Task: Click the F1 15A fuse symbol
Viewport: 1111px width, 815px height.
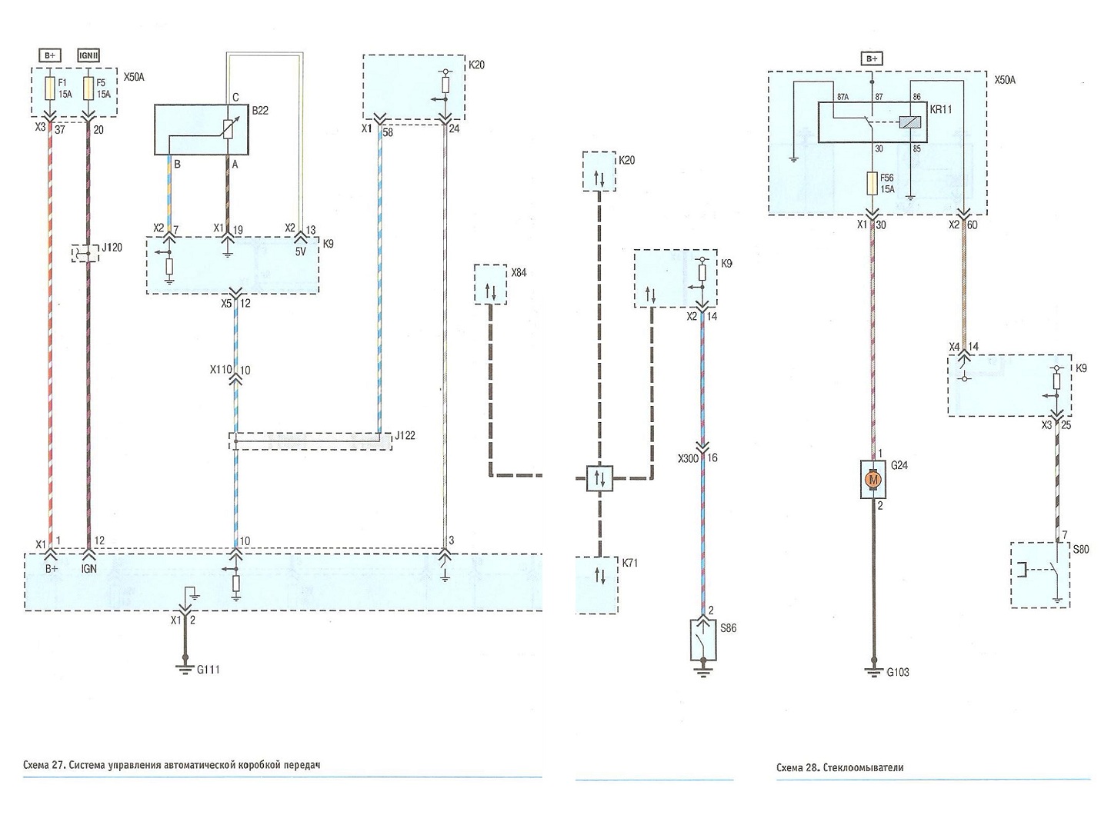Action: pyautogui.click(x=50, y=88)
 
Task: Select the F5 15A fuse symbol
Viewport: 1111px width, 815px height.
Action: pyautogui.click(x=88, y=88)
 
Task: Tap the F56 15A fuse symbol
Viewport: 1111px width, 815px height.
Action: pyautogui.click(x=872, y=184)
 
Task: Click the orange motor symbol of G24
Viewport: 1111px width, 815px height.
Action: pyautogui.click(x=873, y=479)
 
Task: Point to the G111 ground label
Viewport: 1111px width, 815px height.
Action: pyautogui.click(x=209, y=670)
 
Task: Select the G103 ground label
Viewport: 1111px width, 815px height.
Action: pyautogui.click(x=898, y=673)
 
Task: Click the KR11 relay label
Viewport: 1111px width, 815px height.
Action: pyautogui.click(x=941, y=109)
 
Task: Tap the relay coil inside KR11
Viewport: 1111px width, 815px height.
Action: pyautogui.click(x=910, y=122)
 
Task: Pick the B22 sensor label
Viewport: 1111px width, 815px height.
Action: pyautogui.click(x=260, y=111)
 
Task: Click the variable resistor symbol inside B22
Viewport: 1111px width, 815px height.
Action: pyautogui.click(x=227, y=130)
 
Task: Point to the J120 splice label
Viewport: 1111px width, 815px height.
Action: pyautogui.click(x=112, y=248)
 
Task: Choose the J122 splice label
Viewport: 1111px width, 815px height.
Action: pyautogui.click(x=405, y=436)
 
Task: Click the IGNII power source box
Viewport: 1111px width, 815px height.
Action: pyautogui.click(x=88, y=55)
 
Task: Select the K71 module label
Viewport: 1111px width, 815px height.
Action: pyautogui.click(x=631, y=563)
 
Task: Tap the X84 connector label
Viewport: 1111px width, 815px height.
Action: pyautogui.click(x=519, y=273)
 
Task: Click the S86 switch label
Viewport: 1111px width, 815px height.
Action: pyautogui.click(x=728, y=628)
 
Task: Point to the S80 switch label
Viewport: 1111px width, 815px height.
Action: pyautogui.click(x=1081, y=550)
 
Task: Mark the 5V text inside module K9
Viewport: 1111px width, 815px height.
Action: pyautogui.click(x=301, y=252)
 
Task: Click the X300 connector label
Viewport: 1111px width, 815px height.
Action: pyautogui.click(x=689, y=458)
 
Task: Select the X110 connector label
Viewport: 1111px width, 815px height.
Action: pyautogui.click(x=221, y=370)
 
